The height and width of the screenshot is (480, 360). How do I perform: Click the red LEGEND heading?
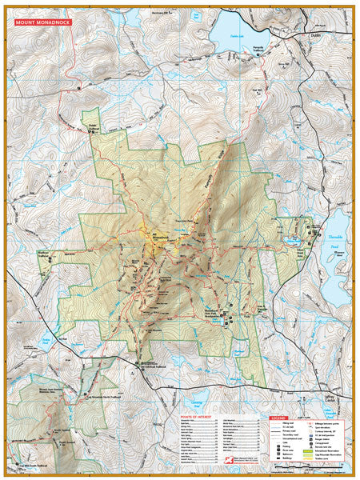(278, 418)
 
